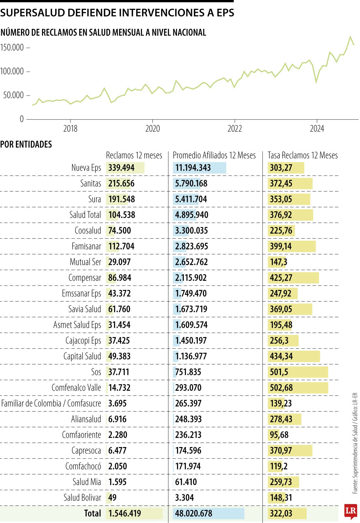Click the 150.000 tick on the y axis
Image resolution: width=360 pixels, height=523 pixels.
[x=12, y=47]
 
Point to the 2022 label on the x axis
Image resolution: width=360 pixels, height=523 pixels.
[x=235, y=128]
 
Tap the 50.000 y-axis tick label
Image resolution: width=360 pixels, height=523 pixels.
[x=13, y=95]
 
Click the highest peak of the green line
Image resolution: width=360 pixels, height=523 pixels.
[x=350, y=37]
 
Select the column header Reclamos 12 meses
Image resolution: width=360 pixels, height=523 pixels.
[x=134, y=155]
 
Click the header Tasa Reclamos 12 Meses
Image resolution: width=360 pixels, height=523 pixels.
[x=302, y=155]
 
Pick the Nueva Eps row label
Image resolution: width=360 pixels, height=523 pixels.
[x=86, y=168]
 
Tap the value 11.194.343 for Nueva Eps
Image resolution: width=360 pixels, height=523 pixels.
[x=193, y=168]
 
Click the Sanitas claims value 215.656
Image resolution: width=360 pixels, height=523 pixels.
[x=121, y=183]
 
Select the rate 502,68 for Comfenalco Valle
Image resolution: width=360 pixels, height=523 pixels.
[x=281, y=388]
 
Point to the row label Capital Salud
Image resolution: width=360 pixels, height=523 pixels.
[x=82, y=356]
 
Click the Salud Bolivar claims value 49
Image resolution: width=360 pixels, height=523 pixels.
[x=112, y=497]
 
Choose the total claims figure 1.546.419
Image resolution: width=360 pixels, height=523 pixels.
[x=124, y=513]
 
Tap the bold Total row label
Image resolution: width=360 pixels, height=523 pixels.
[x=92, y=513]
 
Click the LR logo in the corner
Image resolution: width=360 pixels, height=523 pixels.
[x=350, y=511]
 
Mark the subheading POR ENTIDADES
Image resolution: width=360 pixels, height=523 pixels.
[x=26, y=144]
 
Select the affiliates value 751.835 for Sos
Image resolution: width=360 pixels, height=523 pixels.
[x=188, y=372]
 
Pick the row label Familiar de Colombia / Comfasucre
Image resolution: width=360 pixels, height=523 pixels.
[x=51, y=403]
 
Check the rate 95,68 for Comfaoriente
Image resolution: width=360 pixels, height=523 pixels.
[x=279, y=435]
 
